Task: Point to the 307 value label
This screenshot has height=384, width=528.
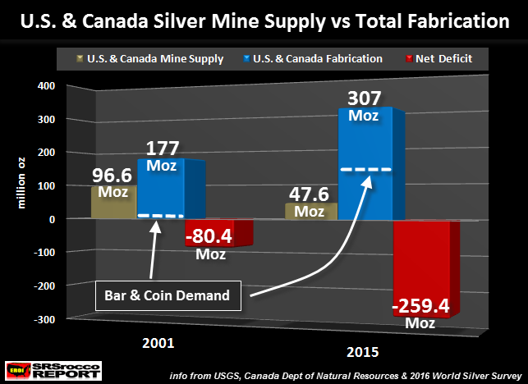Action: coord(365,98)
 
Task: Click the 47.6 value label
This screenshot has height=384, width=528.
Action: coord(310,195)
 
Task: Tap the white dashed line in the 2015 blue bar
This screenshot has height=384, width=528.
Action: coord(365,169)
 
